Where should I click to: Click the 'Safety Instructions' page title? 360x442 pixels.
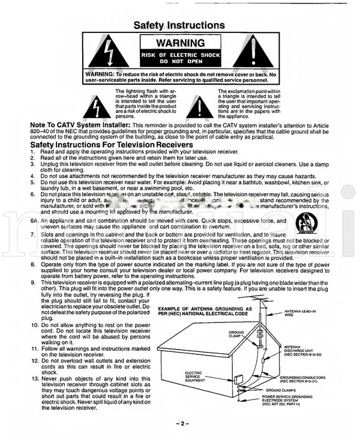(179, 25)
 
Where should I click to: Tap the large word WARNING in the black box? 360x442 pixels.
(180, 44)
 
